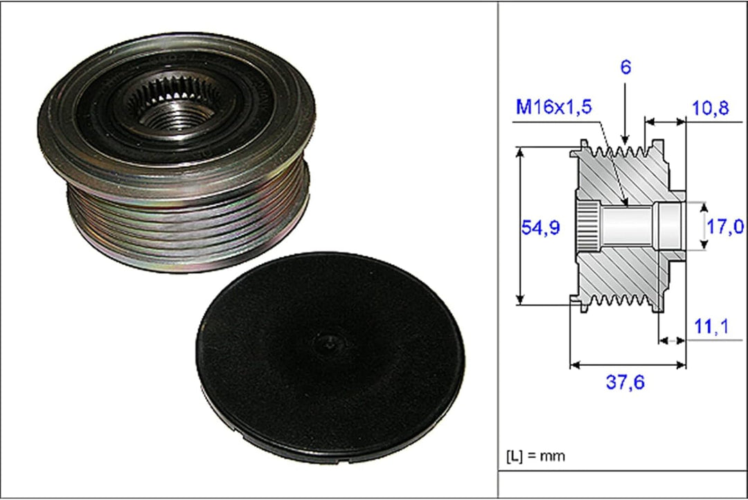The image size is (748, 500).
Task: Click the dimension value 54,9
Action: point(540,228)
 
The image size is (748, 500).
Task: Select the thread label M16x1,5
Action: point(554,107)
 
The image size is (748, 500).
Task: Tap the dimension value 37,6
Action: point(625,382)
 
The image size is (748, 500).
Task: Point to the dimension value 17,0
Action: point(725,226)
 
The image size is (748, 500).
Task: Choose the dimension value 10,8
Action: point(711,108)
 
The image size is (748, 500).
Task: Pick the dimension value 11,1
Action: point(711,326)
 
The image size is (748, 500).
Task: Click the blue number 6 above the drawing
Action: point(625,67)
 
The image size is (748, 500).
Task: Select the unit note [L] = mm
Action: point(535,456)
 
